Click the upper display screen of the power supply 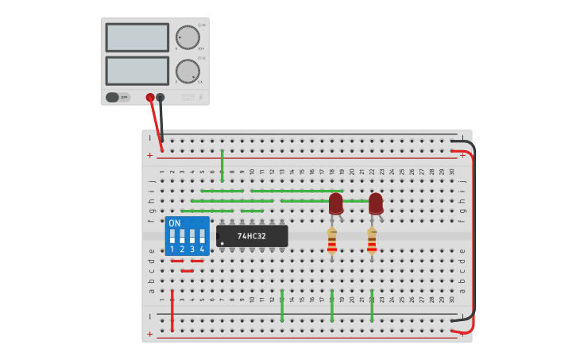(137, 37)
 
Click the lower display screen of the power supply (137, 71)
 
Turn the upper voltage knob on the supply (187, 37)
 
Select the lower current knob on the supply (187, 71)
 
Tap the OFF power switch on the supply (113, 97)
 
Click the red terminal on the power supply (150, 97)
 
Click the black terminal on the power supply (160, 97)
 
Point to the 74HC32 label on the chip (252, 236)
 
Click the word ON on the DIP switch (175, 223)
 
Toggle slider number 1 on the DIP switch (172, 237)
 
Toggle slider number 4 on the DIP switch (202, 237)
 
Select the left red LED (335, 203)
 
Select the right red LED (375, 203)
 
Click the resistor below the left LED (332, 242)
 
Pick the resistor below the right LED (372, 242)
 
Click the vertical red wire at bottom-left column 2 (172, 310)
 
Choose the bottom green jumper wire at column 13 (282, 305)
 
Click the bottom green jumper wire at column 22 (372, 305)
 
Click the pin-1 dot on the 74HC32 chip (222, 243)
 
